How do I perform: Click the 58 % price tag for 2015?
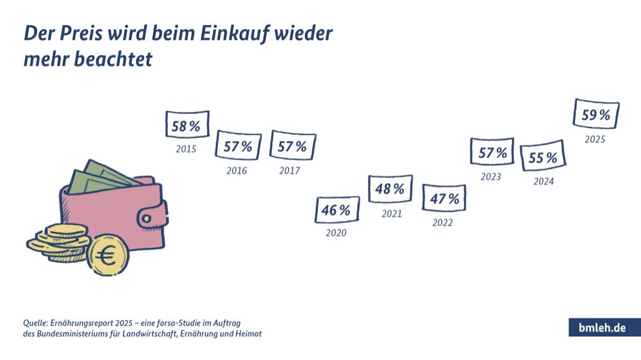tap(187, 126)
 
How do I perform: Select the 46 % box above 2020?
tap(337, 209)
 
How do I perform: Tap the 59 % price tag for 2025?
tap(596, 115)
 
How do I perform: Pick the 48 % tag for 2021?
tap(390, 189)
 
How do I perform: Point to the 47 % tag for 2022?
tap(444, 199)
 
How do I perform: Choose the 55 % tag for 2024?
tap(542, 158)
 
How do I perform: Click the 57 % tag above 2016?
tap(238, 146)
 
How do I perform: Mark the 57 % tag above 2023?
tap(492, 152)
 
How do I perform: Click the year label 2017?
tap(290, 171)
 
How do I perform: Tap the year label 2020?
tap(336, 233)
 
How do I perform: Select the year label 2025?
tap(595, 139)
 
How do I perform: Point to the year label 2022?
tap(442, 223)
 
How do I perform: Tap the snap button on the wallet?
tap(160, 209)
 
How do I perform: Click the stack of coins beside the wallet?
tap(58, 240)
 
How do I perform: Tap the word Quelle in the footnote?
tap(37, 322)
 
